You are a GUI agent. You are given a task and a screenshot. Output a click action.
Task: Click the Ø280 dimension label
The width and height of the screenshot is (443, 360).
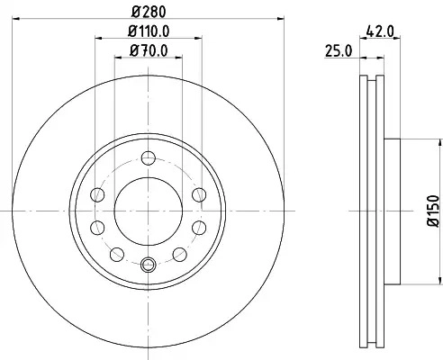coord(149,12)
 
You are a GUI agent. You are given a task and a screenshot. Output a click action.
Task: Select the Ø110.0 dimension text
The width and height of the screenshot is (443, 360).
coord(149,31)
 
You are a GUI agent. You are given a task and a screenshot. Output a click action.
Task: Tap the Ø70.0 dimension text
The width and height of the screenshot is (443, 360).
coord(149,50)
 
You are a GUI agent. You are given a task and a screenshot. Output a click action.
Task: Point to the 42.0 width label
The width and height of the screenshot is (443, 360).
coord(380,31)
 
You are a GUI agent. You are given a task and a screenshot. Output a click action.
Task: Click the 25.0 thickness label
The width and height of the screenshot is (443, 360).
coord(339,50)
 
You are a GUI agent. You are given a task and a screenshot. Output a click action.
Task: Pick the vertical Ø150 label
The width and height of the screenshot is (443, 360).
coord(433,211)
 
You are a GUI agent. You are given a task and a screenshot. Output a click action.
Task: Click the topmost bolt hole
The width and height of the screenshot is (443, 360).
coord(149,157)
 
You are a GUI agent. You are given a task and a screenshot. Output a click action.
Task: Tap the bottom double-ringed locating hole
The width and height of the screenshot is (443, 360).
coord(149,265)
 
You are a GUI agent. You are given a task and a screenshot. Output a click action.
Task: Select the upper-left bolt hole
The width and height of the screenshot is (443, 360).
coord(97,194)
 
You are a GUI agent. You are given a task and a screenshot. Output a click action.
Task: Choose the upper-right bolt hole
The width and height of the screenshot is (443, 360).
coord(199,194)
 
